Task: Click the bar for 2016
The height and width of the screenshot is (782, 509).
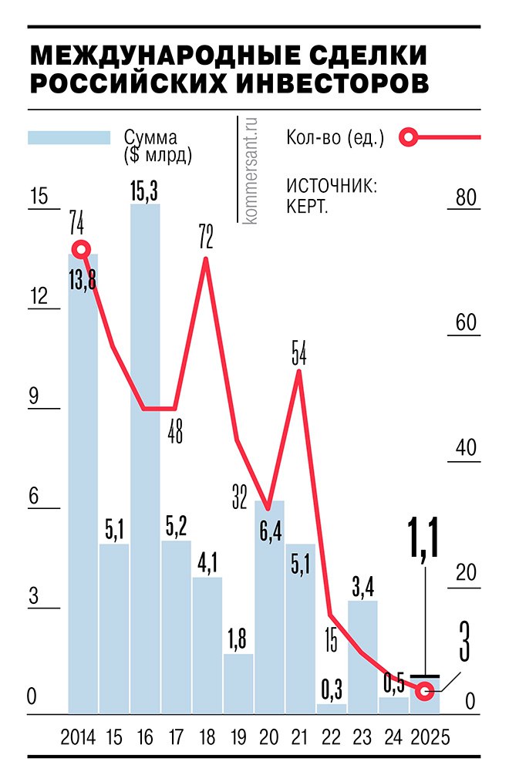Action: pos(145,463)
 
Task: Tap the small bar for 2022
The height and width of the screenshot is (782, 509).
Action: pos(332,708)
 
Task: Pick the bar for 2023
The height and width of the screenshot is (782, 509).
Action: pos(362,656)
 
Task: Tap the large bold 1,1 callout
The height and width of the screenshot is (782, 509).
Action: pos(423,540)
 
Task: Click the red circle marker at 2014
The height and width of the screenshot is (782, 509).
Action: pos(81,249)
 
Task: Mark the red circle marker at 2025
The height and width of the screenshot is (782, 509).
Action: pos(423,690)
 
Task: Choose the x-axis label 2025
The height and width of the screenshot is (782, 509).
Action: pos(430,737)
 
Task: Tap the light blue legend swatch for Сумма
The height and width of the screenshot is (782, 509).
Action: pos(69,137)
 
